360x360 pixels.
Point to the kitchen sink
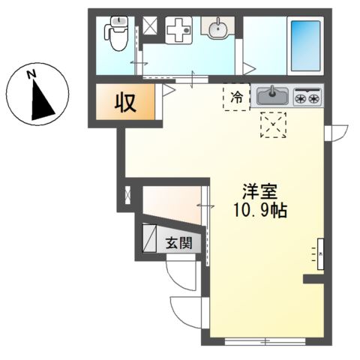tap(272, 96)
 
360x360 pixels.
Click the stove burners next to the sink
tap(307, 97)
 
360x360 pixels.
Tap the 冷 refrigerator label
tap(236, 96)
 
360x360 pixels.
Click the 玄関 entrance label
tap(178, 242)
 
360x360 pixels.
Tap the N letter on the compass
tap(31, 74)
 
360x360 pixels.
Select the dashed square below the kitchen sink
tap(272, 124)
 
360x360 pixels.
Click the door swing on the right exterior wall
tap(336, 130)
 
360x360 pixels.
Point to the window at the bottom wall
tap(265, 341)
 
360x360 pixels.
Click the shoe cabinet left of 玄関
tap(148, 238)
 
